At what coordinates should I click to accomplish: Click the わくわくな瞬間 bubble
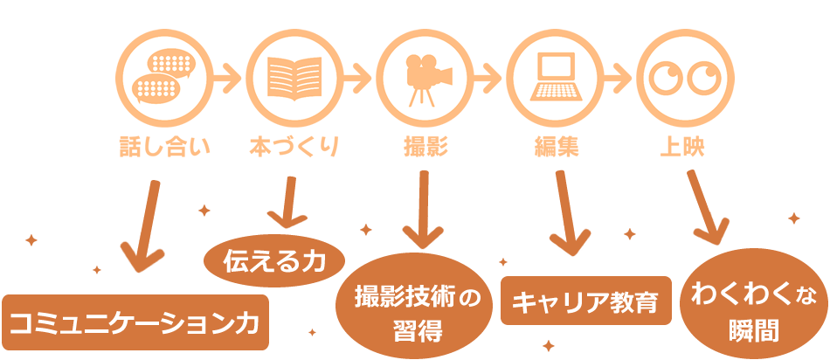tap(754, 305)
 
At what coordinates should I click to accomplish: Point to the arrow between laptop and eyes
tap(618, 76)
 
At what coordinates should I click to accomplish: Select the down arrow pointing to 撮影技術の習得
tap(423, 210)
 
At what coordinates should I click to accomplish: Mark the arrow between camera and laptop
tap(488, 76)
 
